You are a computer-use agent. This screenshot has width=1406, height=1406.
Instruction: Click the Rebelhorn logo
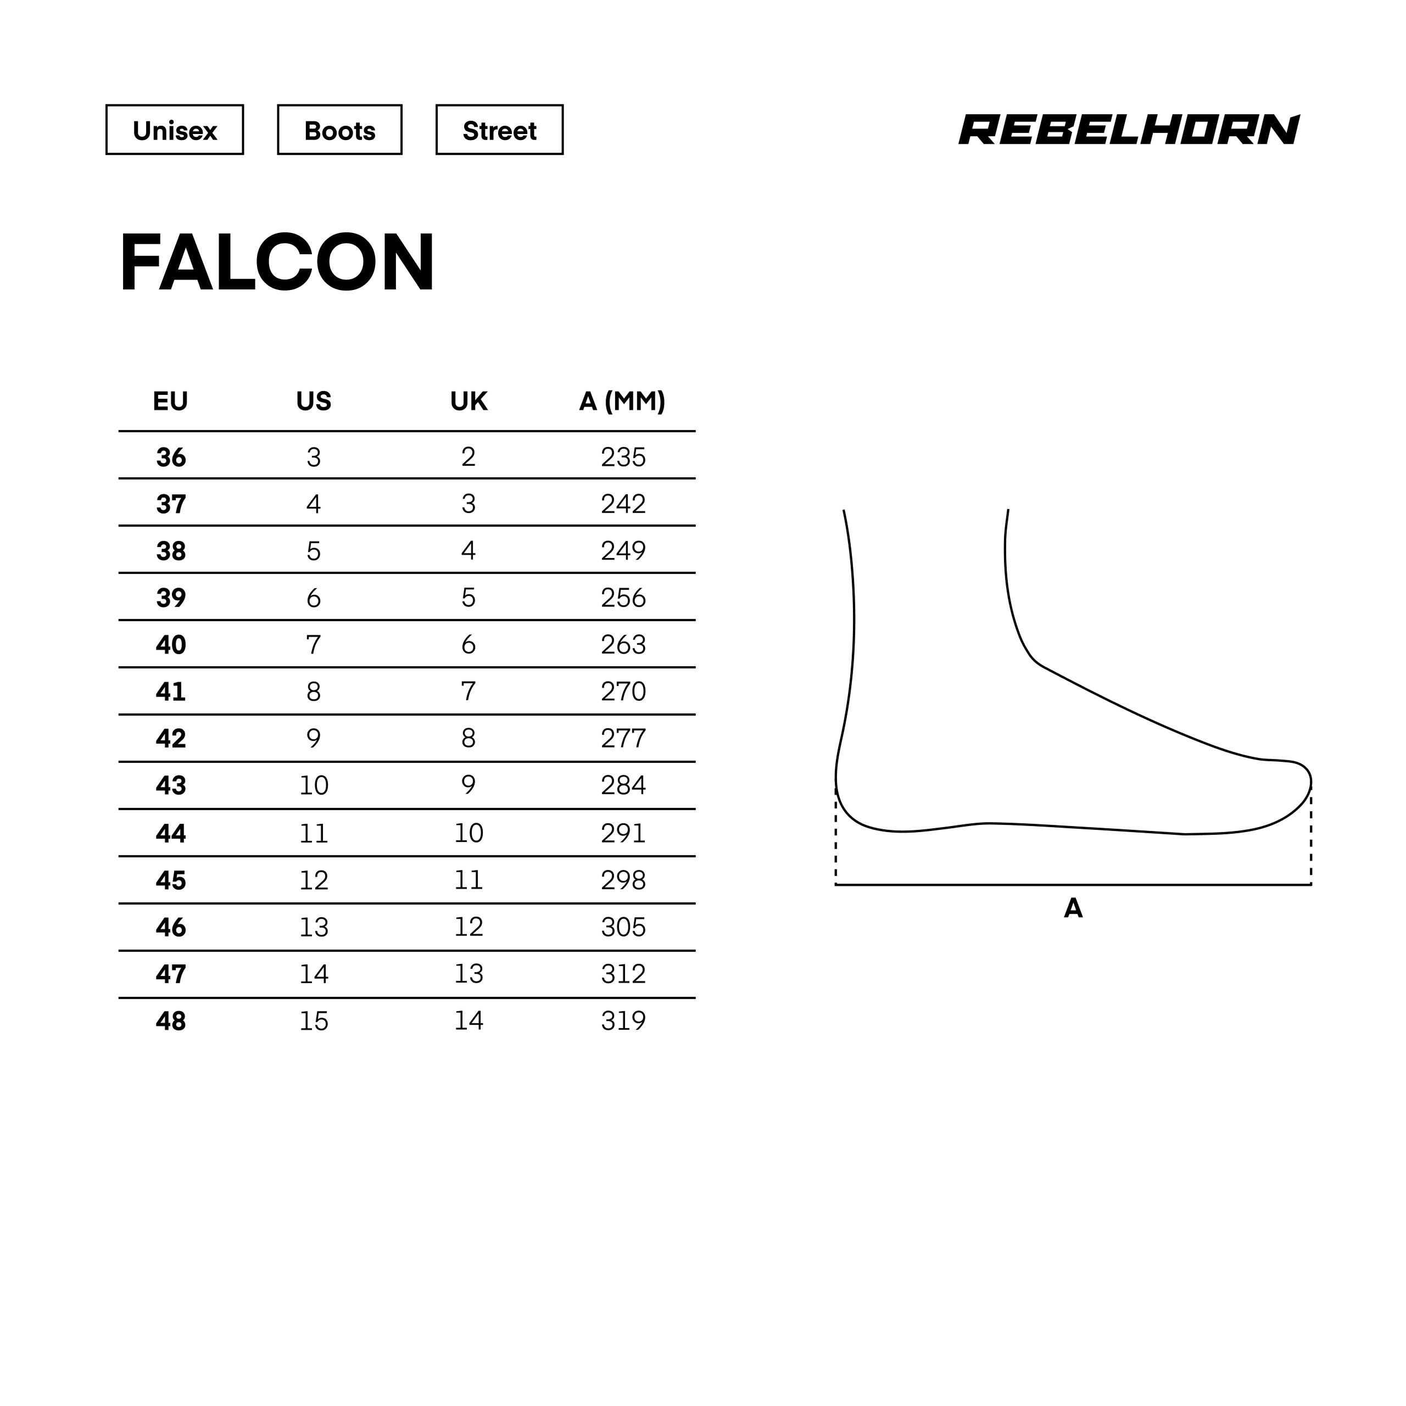point(1129,130)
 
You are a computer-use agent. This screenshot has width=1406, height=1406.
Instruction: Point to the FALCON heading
point(277,262)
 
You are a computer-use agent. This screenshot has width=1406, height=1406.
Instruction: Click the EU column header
point(170,401)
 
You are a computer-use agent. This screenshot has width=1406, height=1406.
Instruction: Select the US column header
point(314,401)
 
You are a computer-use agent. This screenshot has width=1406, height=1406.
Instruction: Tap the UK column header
point(468,401)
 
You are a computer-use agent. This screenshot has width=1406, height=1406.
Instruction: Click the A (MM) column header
point(622,401)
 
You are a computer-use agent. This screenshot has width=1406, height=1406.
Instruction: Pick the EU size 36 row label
point(171,457)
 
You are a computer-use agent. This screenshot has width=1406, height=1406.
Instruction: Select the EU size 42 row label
point(171,739)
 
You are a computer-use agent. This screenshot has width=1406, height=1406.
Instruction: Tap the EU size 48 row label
point(171,1021)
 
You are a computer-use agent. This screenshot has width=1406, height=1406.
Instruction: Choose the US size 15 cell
point(314,1021)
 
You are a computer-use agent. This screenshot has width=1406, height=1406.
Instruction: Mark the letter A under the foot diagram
point(1073,908)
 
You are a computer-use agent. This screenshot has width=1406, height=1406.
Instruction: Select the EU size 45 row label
point(171,880)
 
